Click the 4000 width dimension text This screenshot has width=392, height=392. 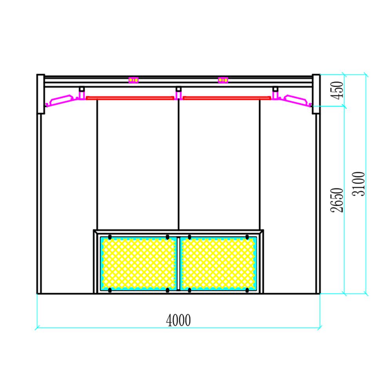pos(178,320)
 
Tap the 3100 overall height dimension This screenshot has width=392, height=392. pos(359,184)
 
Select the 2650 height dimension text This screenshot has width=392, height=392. pos(337,200)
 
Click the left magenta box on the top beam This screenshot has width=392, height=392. pos(134,80)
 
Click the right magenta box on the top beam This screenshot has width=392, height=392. pos(223,80)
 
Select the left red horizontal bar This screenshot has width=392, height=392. pos(130,98)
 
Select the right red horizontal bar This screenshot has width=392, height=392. pos(227,98)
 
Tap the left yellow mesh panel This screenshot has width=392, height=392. pos(138,263)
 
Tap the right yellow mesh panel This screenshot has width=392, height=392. pos(218,263)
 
